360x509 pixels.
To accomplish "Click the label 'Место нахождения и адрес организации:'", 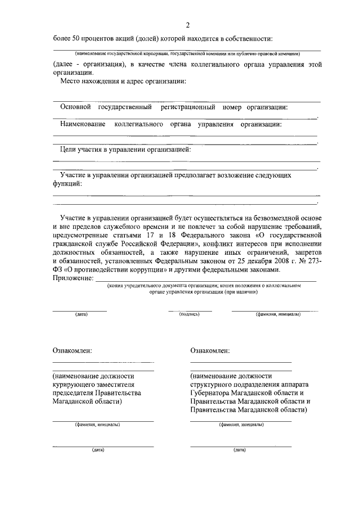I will pyautogui.click(x=123, y=82).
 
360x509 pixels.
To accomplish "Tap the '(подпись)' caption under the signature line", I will pyautogui.click(x=190, y=314).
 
